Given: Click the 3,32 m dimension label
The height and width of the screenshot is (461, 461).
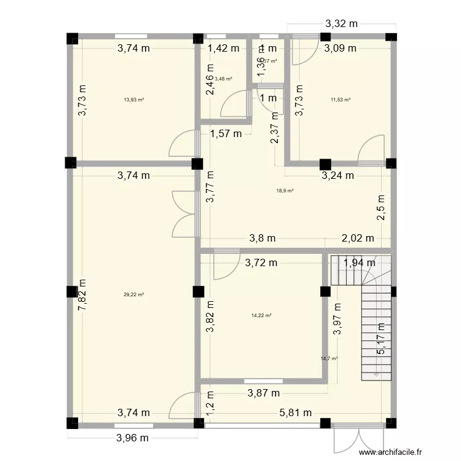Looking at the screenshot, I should tap(341, 25).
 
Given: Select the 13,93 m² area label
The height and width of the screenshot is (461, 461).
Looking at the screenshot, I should tap(133, 100).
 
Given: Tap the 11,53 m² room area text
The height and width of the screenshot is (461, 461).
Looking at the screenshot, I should tap(340, 100).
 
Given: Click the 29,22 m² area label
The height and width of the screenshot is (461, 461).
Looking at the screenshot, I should tap(133, 294).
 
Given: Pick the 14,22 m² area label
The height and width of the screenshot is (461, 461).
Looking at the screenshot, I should tap(261, 315).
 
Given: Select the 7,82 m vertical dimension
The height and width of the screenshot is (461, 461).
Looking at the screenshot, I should tap(82, 294).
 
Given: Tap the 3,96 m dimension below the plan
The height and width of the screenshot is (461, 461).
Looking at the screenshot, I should tap(133, 438).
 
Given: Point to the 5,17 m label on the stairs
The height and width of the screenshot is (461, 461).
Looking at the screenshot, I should tap(381, 339).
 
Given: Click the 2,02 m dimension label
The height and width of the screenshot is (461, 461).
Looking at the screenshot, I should tap(358, 238).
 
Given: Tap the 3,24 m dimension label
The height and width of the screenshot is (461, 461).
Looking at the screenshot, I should tap(338, 175).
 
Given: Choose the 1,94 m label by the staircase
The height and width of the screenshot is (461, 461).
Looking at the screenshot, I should tap(358, 263).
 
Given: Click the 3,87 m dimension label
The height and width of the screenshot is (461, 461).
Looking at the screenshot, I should tap(264, 392).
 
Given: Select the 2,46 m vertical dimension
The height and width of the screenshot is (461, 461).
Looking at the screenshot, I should tap(210, 80).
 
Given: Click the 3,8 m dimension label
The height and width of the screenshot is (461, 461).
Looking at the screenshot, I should tap(262, 238).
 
